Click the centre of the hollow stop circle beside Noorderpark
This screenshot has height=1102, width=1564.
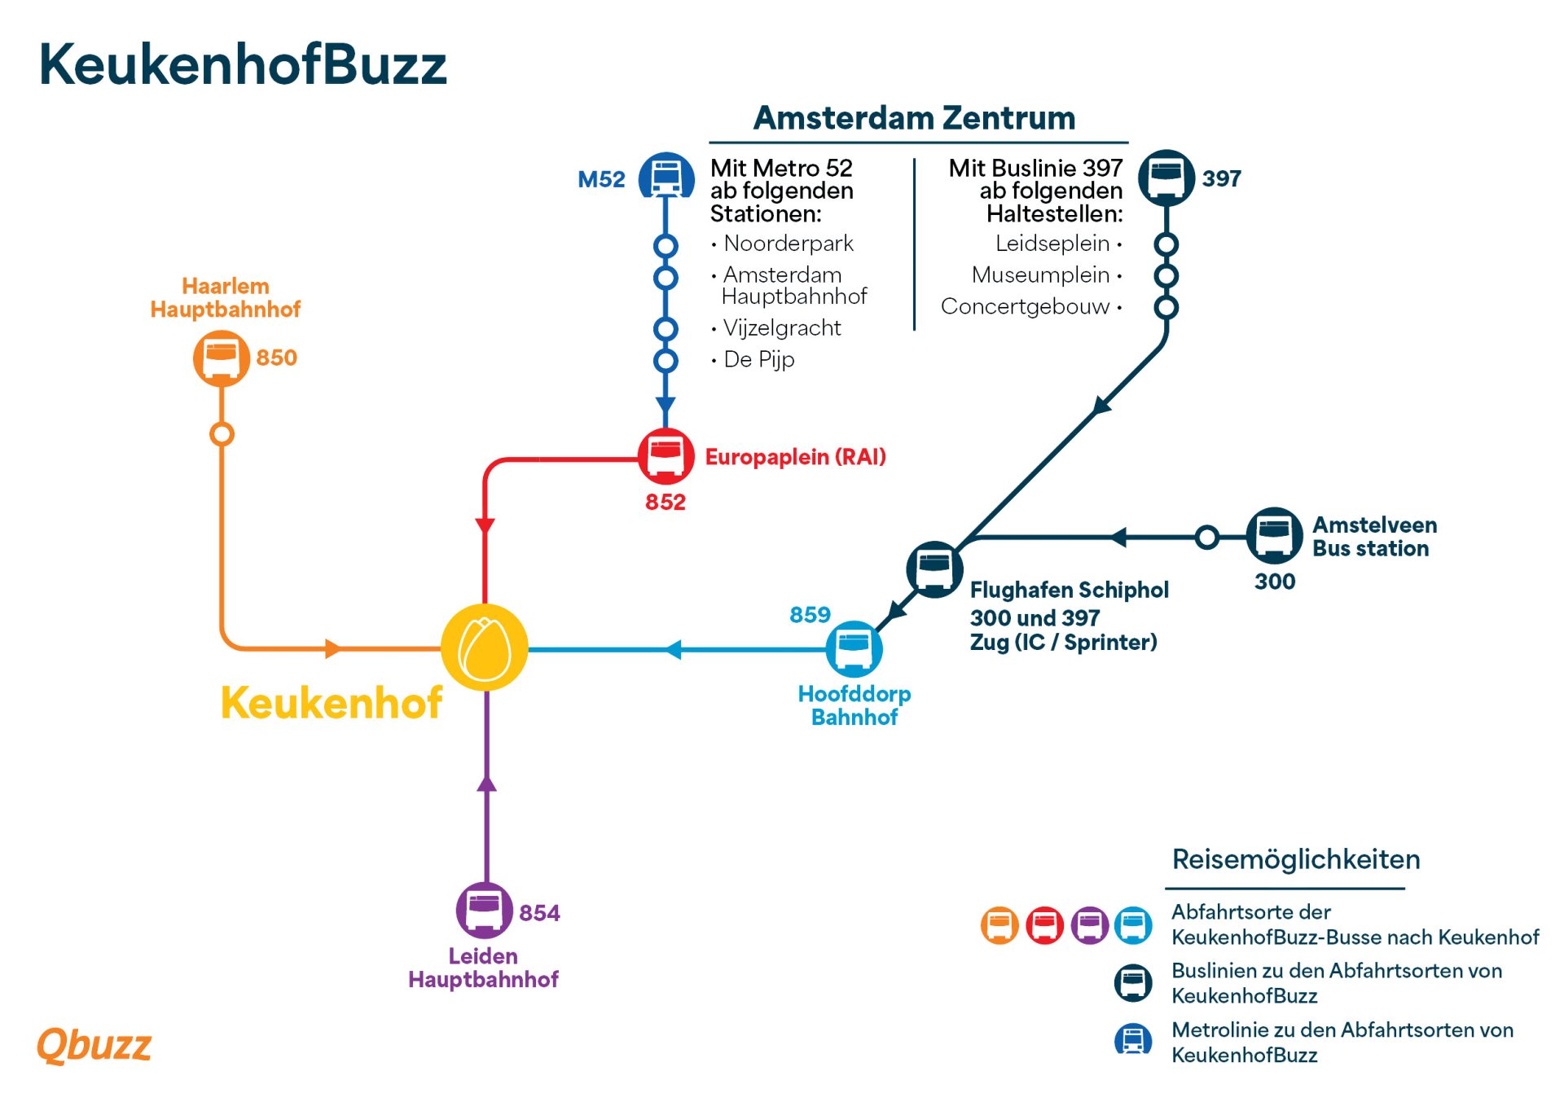666,245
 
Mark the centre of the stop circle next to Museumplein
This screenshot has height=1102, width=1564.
1166,275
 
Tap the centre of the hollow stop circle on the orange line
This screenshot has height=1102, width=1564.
222,434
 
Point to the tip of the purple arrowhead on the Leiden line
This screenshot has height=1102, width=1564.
486,775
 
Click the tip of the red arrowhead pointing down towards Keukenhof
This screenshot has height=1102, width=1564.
485,535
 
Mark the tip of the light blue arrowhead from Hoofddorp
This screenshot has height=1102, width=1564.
665,649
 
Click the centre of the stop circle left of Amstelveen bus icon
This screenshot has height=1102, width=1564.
1207,537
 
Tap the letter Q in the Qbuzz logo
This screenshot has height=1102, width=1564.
53,1045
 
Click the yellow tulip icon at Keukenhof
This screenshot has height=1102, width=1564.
485,648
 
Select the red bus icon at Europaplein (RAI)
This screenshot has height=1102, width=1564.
666,455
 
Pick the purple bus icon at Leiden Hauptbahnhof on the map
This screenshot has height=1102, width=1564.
484,910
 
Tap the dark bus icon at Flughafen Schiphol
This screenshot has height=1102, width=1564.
934,569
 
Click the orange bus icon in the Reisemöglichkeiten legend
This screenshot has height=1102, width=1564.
999,925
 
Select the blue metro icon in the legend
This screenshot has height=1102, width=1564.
1133,1039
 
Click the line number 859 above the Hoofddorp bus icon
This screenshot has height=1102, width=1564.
810,614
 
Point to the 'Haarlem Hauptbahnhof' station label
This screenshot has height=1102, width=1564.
226,297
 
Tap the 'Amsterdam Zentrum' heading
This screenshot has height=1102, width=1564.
914,118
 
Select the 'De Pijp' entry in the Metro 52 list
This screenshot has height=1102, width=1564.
758,359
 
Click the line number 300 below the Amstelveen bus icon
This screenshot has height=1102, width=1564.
1275,582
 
